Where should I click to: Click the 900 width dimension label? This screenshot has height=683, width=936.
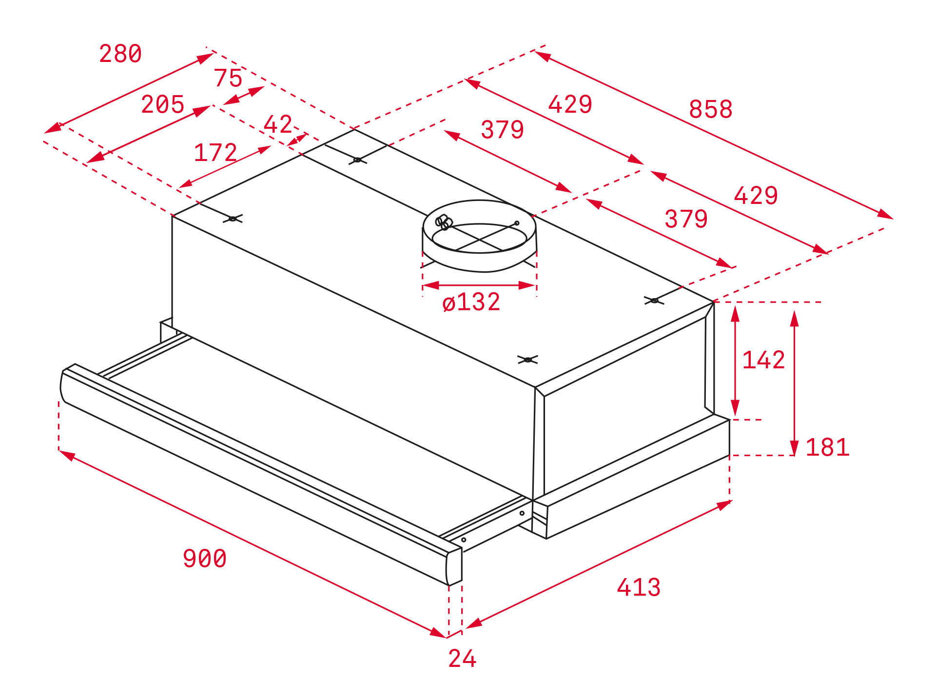(205, 559)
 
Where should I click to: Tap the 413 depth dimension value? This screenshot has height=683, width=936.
(639, 587)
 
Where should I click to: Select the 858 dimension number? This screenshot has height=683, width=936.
(711, 109)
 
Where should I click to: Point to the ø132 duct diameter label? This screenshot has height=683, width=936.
(471, 302)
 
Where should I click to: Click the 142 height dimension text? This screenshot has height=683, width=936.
(763, 361)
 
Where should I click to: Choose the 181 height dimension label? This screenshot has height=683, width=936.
(827, 447)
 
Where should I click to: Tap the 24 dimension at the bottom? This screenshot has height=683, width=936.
(462, 659)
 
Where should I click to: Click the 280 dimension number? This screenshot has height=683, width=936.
(120, 54)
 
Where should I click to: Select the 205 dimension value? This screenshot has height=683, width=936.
(163, 104)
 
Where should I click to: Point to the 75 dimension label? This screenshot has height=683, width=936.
(228, 78)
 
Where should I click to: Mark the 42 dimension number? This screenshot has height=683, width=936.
(278, 124)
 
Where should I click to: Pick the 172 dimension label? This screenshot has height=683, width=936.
(215, 153)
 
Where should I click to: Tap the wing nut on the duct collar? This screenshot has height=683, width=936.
(444, 222)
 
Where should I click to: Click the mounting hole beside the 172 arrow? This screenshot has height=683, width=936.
(233, 219)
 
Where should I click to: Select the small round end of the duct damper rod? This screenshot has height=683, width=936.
(517, 223)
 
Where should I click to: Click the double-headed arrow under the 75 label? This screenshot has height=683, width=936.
(244, 96)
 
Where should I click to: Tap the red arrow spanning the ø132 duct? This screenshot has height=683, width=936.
(480, 285)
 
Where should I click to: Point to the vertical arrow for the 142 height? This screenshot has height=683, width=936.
(735, 361)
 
